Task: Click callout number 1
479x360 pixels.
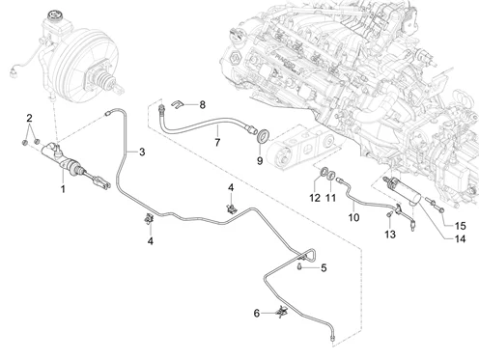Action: pyautogui.click(x=63, y=188)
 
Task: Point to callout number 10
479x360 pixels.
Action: pyautogui.click(x=353, y=218)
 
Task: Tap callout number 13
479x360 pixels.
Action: pyautogui.click(x=388, y=235)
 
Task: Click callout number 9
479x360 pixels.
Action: pyautogui.click(x=259, y=160)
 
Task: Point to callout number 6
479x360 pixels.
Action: pyautogui.click(x=257, y=313)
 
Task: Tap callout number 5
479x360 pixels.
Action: pyautogui.click(x=324, y=267)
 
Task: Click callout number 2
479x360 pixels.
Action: pyautogui.click(x=30, y=119)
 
